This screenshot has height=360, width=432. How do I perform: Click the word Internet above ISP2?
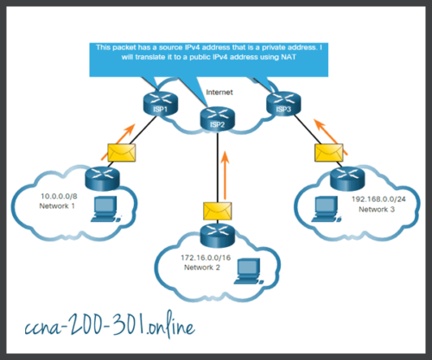pos(219,91)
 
